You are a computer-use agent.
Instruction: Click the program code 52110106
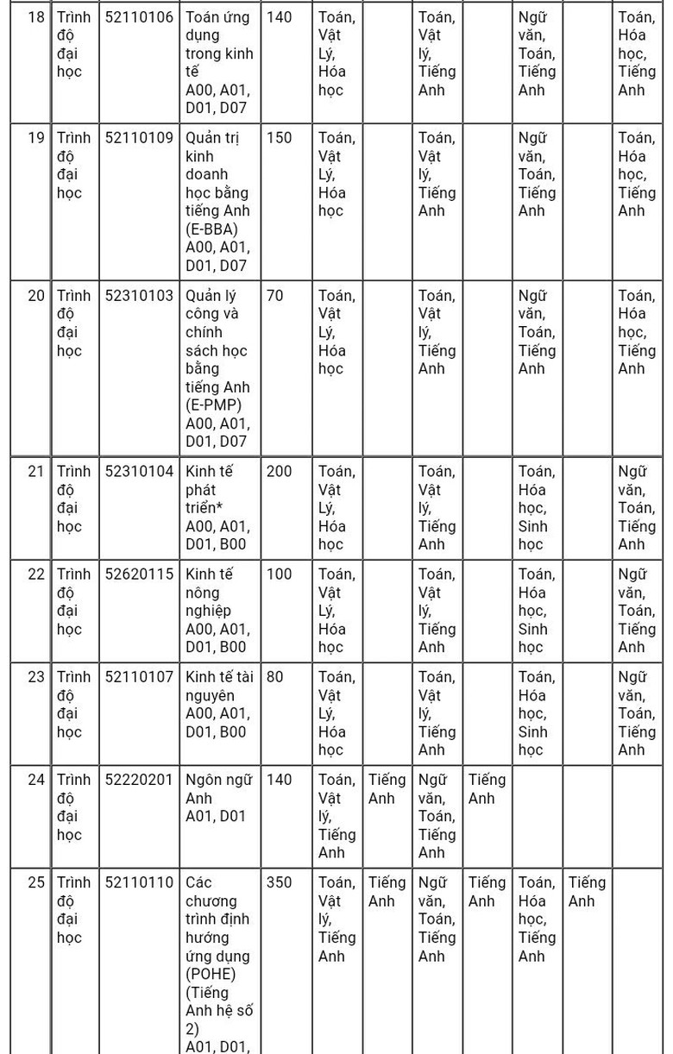click(139, 17)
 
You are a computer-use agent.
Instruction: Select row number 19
click(35, 138)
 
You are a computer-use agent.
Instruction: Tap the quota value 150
click(279, 138)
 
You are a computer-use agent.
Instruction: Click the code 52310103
click(139, 296)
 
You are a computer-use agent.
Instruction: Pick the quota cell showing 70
click(274, 296)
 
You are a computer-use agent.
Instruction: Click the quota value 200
click(279, 472)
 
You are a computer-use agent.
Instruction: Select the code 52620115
click(139, 574)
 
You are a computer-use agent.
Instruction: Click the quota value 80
click(274, 677)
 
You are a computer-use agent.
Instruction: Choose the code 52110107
click(139, 677)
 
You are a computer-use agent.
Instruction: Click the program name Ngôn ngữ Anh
click(218, 788)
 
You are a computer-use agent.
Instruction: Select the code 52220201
click(139, 780)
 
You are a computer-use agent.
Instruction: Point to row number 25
click(35, 882)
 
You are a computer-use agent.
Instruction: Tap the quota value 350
click(279, 882)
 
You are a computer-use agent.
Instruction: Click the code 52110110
click(139, 882)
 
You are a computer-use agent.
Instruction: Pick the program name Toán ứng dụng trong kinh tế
click(218, 44)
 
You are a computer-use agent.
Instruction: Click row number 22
click(35, 574)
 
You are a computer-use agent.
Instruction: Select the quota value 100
click(279, 574)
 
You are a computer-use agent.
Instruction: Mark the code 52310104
click(139, 472)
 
